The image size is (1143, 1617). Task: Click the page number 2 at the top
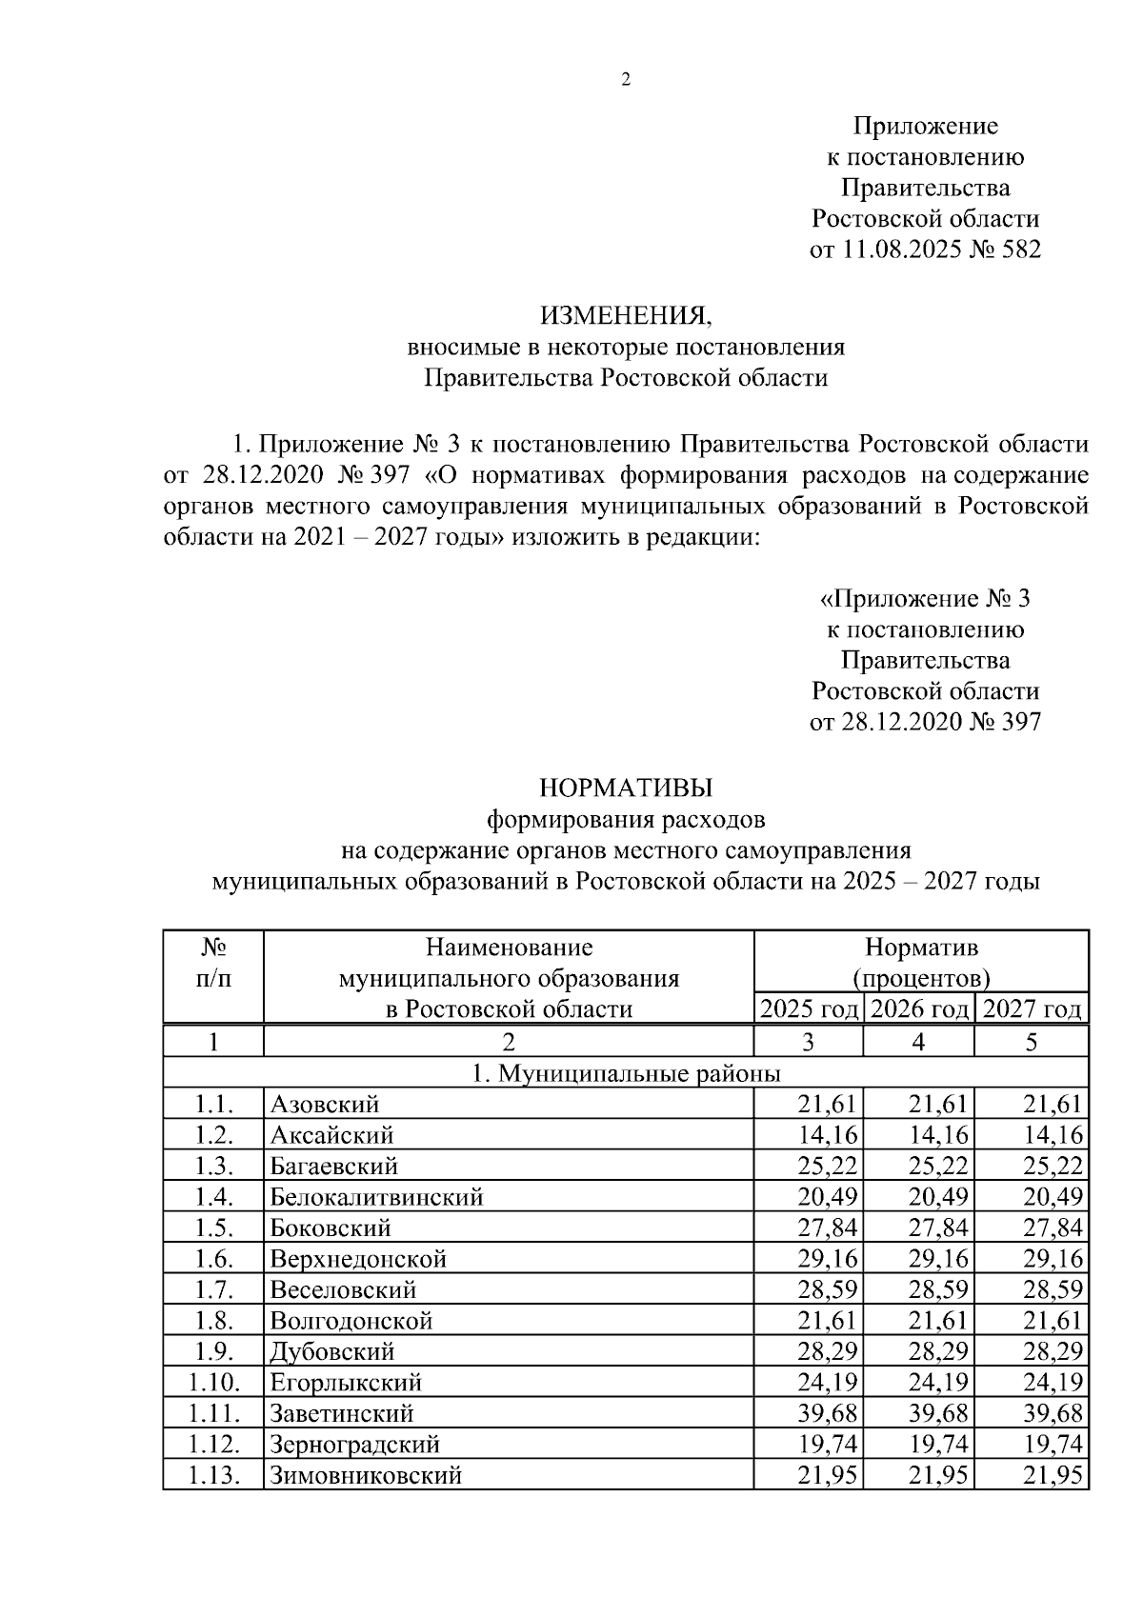coord(626,81)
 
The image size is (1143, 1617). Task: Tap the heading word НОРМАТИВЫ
coord(626,789)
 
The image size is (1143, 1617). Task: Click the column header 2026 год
coord(919,1009)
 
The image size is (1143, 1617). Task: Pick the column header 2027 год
coord(1032,1009)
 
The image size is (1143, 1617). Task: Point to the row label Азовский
coord(325,1105)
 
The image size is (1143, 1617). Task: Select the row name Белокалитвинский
coord(377,1197)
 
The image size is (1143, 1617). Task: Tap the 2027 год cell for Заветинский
coord(1053,1414)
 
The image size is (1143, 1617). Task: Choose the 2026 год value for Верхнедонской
coord(938,1259)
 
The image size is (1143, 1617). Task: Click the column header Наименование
coord(509,948)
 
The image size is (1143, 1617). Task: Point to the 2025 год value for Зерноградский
coord(828,1445)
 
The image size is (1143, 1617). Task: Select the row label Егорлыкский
coord(346,1383)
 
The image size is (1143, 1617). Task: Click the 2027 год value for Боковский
coord(1053,1228)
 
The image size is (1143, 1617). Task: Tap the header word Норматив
coord(921,948)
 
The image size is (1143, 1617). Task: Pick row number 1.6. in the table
coord(213,1259)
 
